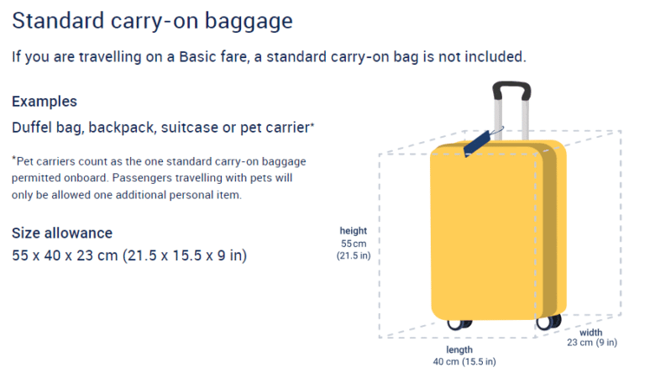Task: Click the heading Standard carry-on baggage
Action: (152, 20)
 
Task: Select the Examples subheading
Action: (45, 102)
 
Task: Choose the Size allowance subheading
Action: (62, 233)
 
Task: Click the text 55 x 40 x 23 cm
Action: (65, 255)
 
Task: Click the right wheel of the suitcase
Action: (549, 321)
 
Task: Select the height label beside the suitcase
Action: (353, 231)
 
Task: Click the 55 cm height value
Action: (353, 243)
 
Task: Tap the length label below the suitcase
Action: (459, 349)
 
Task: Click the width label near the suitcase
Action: (590, 333)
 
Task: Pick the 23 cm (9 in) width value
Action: (590, 343)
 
